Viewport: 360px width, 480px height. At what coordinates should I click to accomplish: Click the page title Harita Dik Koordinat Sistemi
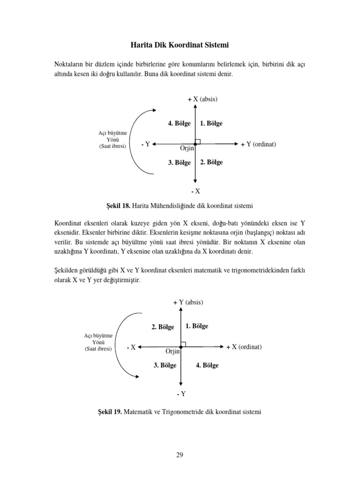[180, 45]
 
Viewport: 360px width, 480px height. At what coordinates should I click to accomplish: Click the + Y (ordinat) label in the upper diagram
[258, 144]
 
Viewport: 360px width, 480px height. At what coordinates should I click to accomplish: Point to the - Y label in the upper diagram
[145, 144]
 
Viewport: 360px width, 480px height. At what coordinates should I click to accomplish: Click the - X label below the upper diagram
[195, 191]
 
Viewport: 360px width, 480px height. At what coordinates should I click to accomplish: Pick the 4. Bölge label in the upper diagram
[179, 123]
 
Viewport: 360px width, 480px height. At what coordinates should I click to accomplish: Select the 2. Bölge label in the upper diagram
[211, 162]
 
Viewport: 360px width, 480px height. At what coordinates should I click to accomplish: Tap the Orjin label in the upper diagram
[187, 148]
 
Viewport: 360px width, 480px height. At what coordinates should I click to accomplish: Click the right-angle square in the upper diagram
[198, 141]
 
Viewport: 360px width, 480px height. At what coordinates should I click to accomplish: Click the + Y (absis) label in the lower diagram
[188, 302]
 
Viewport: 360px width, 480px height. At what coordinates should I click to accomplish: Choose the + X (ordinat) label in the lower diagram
[243, 347]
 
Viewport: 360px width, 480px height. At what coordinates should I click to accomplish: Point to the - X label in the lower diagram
[131, 347]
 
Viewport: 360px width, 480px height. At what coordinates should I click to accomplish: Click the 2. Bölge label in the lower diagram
[163, 327]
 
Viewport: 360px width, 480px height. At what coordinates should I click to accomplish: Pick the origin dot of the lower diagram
[180, 347]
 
